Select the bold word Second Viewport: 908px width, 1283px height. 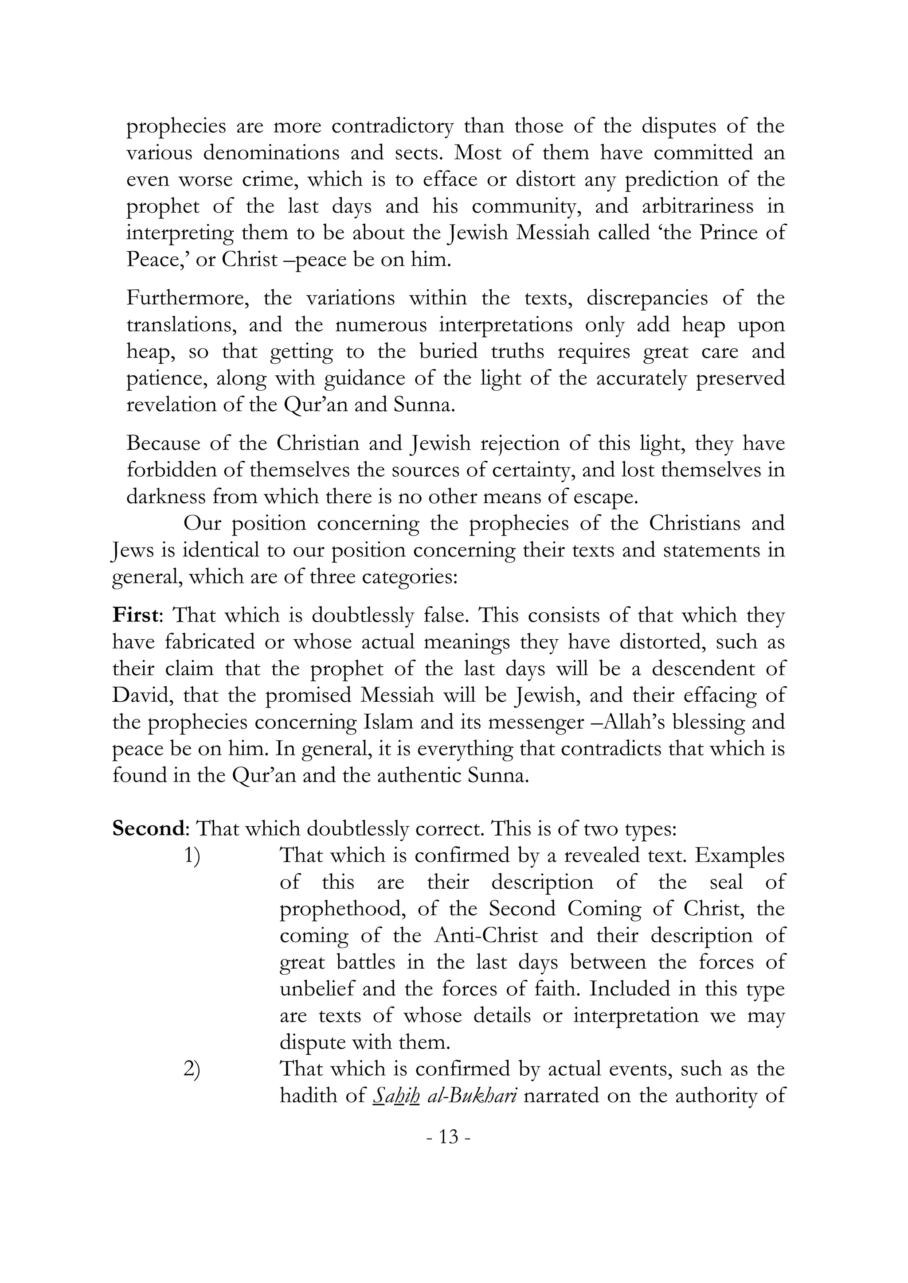pos(148,829)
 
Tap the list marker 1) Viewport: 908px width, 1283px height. pos(192,855)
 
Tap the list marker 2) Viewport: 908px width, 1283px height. pos(192,1069)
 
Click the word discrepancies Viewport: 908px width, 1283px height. pos(647,299)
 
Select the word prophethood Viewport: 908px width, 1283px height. pos(342,909)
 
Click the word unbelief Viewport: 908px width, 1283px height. pos(317,989)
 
